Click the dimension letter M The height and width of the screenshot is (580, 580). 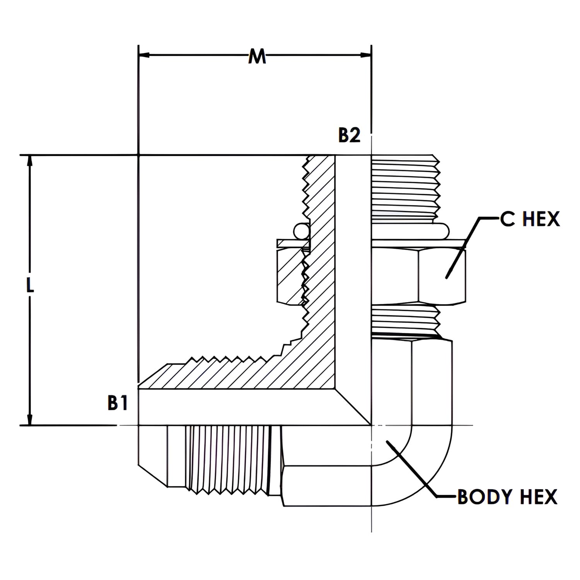(x=257, y=56)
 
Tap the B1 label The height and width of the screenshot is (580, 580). (x=117, y=403)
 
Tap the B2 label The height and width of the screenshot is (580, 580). (x=349, y=135)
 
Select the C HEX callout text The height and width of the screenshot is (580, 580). (x=529, y=219)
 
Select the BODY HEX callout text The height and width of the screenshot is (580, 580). (x=507, y=497)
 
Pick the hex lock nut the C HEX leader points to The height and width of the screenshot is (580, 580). (x=441, y=275)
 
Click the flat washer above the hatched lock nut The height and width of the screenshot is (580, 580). (x=293, y=244)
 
